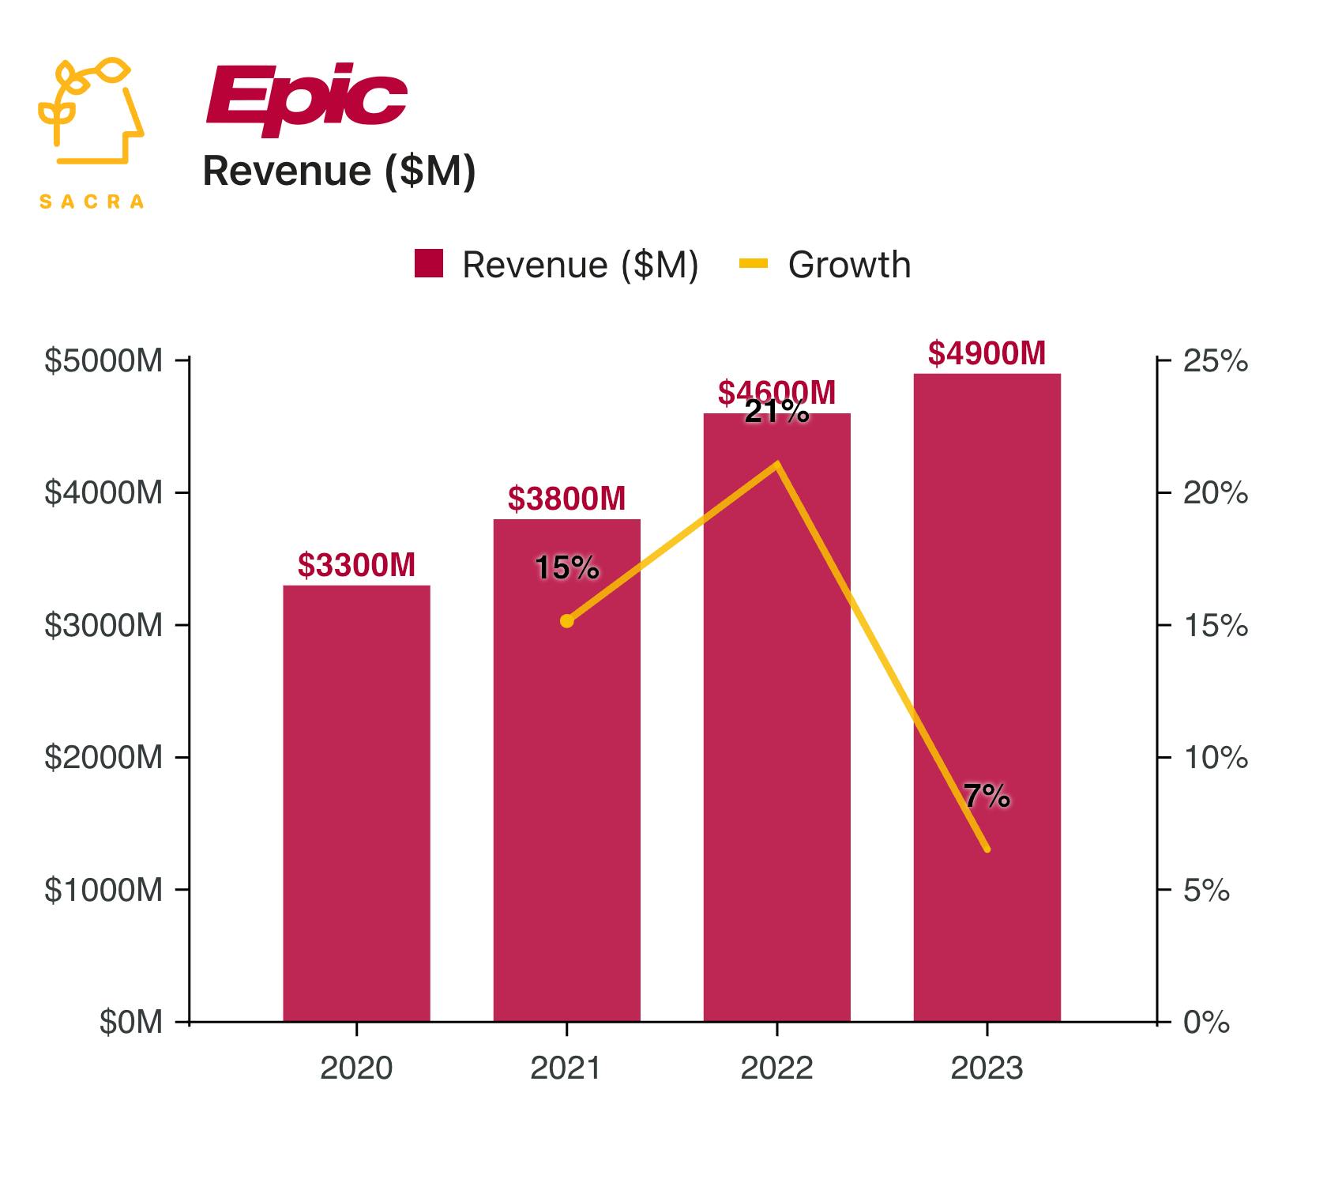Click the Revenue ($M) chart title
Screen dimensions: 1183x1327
click(x=339, y=171)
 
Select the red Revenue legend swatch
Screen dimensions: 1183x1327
click(x=429, y=264)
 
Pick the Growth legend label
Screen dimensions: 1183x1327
click(x=849, y=265)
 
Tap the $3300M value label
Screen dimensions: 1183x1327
click(x=356, y=565)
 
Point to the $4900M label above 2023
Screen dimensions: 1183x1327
click(x=987, y=353)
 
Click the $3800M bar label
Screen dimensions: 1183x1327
click(x=566, y=499)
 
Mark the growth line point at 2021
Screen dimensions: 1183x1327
click(x=566, y=621)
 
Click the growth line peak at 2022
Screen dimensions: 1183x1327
click(x=777, y=464)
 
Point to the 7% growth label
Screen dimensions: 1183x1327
click(x=987, y=797)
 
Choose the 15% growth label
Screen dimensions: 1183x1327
click(x=566, y=567)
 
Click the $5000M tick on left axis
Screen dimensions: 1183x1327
click(x=103, y=361)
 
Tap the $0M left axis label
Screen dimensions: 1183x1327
click(x=130, y=1023)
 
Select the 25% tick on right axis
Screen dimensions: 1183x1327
click(x=1215, y=361)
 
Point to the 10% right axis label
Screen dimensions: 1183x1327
click(x=1215, y=759)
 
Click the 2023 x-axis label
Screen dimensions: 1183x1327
click(x=987, y=1068)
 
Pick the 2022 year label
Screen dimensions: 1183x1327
click(x=776, y=1068)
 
